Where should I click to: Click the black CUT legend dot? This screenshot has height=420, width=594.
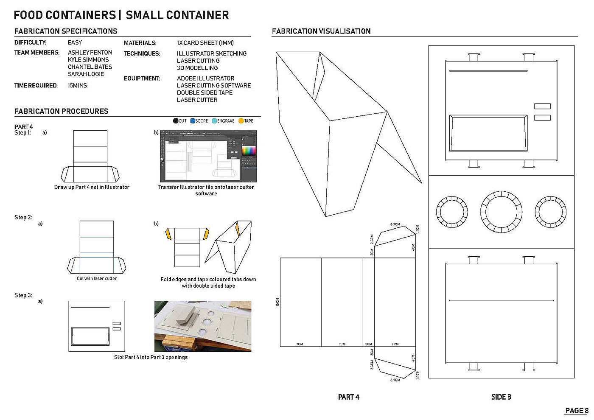pos(176,121)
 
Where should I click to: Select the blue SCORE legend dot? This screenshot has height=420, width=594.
pos(193,121)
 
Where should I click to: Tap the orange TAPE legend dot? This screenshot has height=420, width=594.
pos(241,121)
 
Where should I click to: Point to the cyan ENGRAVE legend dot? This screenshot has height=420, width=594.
pos(214,121)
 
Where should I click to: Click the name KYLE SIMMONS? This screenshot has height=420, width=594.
pos(88,60)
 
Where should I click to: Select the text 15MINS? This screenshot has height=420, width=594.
pos(77,86)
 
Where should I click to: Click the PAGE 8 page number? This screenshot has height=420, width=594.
pos(577,411)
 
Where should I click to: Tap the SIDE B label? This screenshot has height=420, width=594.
pos(501,397)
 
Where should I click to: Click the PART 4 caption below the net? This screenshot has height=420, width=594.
pos(348,397)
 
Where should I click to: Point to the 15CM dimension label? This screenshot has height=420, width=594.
pos(277,302)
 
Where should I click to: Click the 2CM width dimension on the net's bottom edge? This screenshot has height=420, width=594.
pos(368,344)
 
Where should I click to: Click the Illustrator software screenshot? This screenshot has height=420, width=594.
pos(208,156)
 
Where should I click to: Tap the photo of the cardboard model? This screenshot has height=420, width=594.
pos(202,326)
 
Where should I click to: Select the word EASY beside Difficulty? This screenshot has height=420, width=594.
pos(75,42)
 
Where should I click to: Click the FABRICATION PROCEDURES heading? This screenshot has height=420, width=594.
pos(62,111)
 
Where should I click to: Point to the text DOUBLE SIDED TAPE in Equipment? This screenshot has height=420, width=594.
pos(205,92)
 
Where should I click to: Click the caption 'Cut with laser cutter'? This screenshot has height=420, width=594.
pos(97,279)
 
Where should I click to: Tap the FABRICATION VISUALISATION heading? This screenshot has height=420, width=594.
pos(321,31)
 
